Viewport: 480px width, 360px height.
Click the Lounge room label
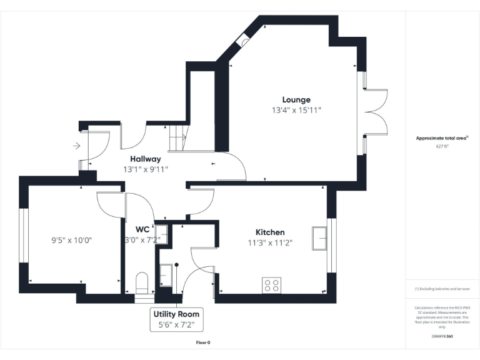296,99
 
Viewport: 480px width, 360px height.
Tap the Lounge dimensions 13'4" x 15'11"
296,111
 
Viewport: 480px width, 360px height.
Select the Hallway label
145,159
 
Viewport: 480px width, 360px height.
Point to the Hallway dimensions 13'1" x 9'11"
145,169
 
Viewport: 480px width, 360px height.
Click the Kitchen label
270,232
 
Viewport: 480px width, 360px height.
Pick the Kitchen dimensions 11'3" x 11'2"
270,243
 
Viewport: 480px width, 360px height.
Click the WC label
142,229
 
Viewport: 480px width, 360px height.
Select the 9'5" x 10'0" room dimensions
72,239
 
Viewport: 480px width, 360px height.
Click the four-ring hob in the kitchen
272,285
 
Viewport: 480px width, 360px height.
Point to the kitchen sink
321,239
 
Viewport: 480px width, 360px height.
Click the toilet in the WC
141,282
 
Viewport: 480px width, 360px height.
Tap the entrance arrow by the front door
76,146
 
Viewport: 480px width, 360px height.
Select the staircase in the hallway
179,137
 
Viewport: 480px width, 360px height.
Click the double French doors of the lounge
375,112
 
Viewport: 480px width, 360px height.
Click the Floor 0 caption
203,342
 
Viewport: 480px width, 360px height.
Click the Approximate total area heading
442,138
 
